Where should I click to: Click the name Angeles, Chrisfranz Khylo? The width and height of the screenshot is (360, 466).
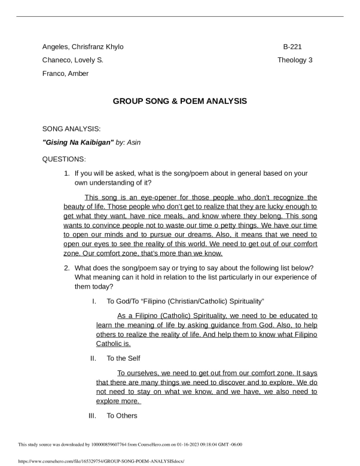coord(83,47)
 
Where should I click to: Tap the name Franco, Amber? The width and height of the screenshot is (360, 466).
coord(65,73)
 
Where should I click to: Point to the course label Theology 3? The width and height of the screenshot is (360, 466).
coord(295,60)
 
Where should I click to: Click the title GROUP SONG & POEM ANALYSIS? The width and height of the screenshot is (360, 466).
coord(180,102)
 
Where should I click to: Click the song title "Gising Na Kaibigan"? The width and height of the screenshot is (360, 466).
coord(78,142)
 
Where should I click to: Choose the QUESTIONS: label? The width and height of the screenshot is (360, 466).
coord(64,160)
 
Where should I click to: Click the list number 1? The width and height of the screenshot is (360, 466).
coord(66,173)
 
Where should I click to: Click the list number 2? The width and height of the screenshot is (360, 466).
coord(66,268)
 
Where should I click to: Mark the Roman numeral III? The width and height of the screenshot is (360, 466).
coord(92,416)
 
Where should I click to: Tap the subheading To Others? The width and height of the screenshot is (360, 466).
coord(122,416)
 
